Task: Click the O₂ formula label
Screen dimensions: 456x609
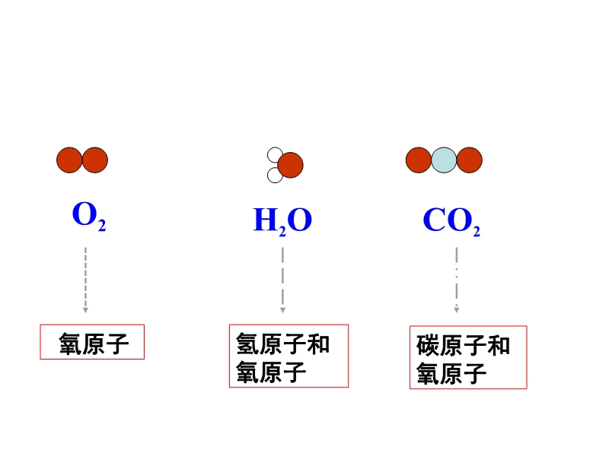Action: tap(88, 217)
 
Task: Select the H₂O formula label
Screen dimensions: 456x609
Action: tap(282, 220)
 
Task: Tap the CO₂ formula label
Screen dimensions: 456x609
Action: tap(451, 220)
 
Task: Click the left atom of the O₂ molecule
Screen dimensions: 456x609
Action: tap(69, 160)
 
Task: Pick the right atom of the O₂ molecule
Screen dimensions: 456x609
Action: tap(95, 160)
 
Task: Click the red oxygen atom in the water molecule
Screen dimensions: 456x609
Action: tap(290, 164)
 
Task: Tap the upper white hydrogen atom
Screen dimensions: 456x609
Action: tap(275, 155)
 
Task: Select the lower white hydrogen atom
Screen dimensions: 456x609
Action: tap(275, 175)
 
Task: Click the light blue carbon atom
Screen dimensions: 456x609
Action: tap(444, 160)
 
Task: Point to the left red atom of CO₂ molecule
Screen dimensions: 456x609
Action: tap(418, 160)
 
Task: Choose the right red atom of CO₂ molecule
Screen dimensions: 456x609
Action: tap(470, 160)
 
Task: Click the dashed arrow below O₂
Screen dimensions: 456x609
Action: tap(85, 279)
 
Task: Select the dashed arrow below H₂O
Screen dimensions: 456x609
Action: tap(282, 279)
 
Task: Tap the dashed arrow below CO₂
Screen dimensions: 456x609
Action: tap(457, 279)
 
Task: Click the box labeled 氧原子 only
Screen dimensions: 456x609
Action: tap(92, 343)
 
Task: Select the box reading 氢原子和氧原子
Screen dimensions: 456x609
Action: tap(289, 356)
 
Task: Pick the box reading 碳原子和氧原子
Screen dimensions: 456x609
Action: tap(468, 358)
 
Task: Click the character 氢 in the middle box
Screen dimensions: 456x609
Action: tap(247, 344)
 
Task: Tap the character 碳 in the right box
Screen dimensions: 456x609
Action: tap(428, 346)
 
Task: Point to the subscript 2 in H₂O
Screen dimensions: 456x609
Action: tap(282, 229)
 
